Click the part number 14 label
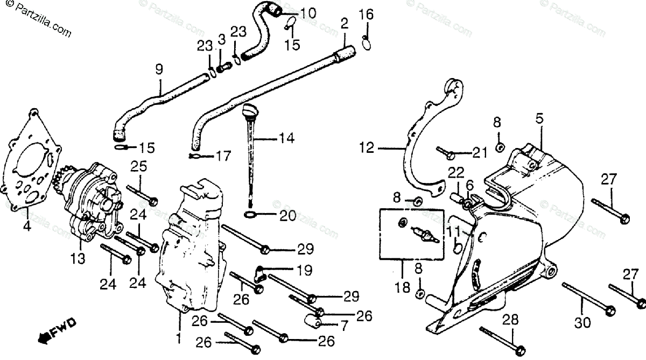tap(286, 138)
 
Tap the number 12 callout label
tap(367, 147)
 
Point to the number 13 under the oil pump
tap(78, 259)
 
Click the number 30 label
tap(583, 322)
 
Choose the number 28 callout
tap(510, 320)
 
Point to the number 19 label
tap(303, 269)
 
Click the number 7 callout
tap(345, 326)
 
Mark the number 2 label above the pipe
tap(345, 24)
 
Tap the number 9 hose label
tap(159, 69)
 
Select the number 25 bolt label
tap(138, 166)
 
